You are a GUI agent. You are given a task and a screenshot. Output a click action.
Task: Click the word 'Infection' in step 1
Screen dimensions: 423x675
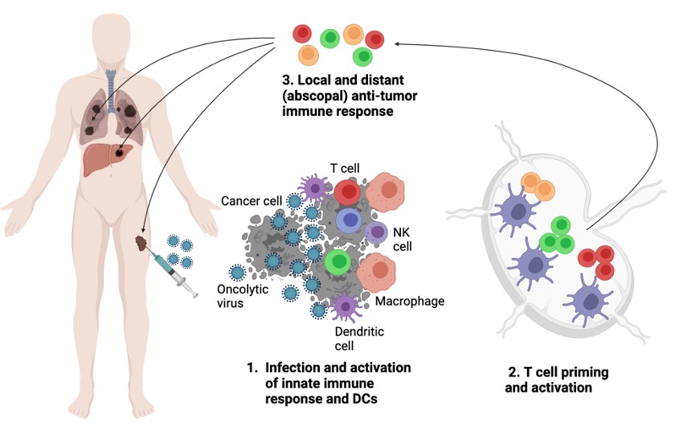tap(299, 368)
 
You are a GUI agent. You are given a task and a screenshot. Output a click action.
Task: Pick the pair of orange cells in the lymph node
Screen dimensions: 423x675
tap(538, 186)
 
